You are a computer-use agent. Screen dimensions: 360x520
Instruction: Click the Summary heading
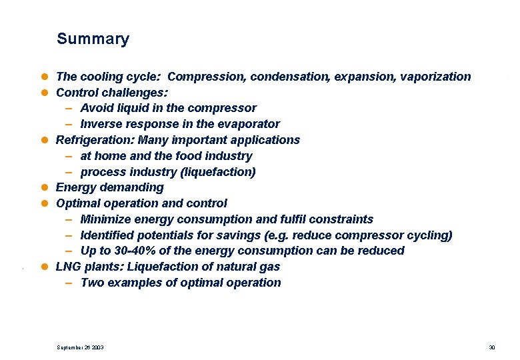93,39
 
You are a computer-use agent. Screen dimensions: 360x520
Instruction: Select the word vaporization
435,77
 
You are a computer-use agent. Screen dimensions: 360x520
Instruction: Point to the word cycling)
431,235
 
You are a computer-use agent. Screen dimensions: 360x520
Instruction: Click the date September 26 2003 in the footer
80,348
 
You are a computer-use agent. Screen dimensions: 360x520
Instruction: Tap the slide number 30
492,348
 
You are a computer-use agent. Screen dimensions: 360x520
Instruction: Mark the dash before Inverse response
69,124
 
